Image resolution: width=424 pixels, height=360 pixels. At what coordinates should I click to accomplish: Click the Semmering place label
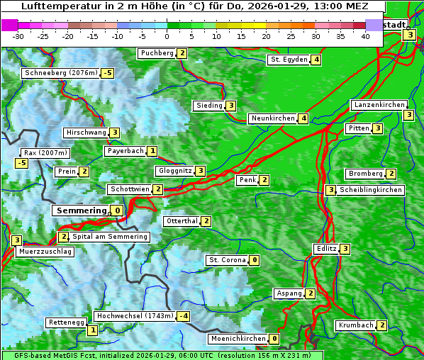click(x=80, y=210)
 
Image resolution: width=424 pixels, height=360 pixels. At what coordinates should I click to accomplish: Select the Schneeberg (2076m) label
click(x=60, y=73)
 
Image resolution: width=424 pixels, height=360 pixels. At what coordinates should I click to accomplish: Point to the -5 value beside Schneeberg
click(x=108, y=73)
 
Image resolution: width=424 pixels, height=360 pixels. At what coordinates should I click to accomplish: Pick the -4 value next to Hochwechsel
click(x=184, y=316)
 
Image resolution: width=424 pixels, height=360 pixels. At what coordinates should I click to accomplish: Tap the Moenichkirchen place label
click(x=238, y=339)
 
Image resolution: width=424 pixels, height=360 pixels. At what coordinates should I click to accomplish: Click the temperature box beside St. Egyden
click(x=316, y=60)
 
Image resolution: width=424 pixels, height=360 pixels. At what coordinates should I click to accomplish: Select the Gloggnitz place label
click(x=174, y=171)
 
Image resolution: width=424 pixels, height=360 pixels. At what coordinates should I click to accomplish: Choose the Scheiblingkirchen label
click(x=371, y=190)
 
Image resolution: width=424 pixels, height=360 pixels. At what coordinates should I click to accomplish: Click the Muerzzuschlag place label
click(x=45, y=252)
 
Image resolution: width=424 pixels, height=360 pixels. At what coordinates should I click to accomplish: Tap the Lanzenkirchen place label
click(x=379, y=105)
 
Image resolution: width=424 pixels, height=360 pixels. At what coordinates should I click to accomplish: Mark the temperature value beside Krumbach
click(x=382, y=325)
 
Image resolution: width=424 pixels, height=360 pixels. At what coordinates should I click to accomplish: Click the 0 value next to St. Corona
click(x=255, y=260)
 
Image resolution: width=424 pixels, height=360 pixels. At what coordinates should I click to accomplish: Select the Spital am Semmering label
click(x=110, y=237)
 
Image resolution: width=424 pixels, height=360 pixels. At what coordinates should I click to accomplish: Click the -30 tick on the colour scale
click(x=18, y=35)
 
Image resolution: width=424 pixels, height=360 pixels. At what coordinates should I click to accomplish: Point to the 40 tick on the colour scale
click(x=365, y=35)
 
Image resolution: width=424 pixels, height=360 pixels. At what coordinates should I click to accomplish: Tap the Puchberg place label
click(x=157, y=53)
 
